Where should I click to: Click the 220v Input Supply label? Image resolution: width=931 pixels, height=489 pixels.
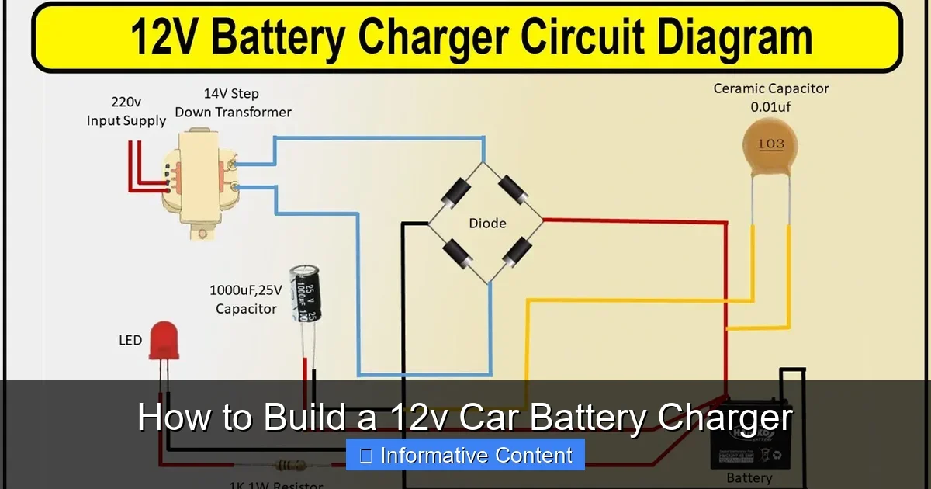126,111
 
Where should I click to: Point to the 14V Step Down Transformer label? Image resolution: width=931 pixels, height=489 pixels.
233,102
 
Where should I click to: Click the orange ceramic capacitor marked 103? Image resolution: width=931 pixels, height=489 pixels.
770,144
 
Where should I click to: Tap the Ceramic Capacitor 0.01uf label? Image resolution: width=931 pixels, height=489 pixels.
770,97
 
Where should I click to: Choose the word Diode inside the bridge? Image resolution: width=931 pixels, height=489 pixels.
487,224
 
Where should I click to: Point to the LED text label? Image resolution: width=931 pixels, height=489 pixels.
130,340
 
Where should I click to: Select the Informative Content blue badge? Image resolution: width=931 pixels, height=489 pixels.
465,455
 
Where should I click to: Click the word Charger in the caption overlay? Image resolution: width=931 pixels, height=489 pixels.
725,418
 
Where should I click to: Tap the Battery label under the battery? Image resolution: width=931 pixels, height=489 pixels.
749,478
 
